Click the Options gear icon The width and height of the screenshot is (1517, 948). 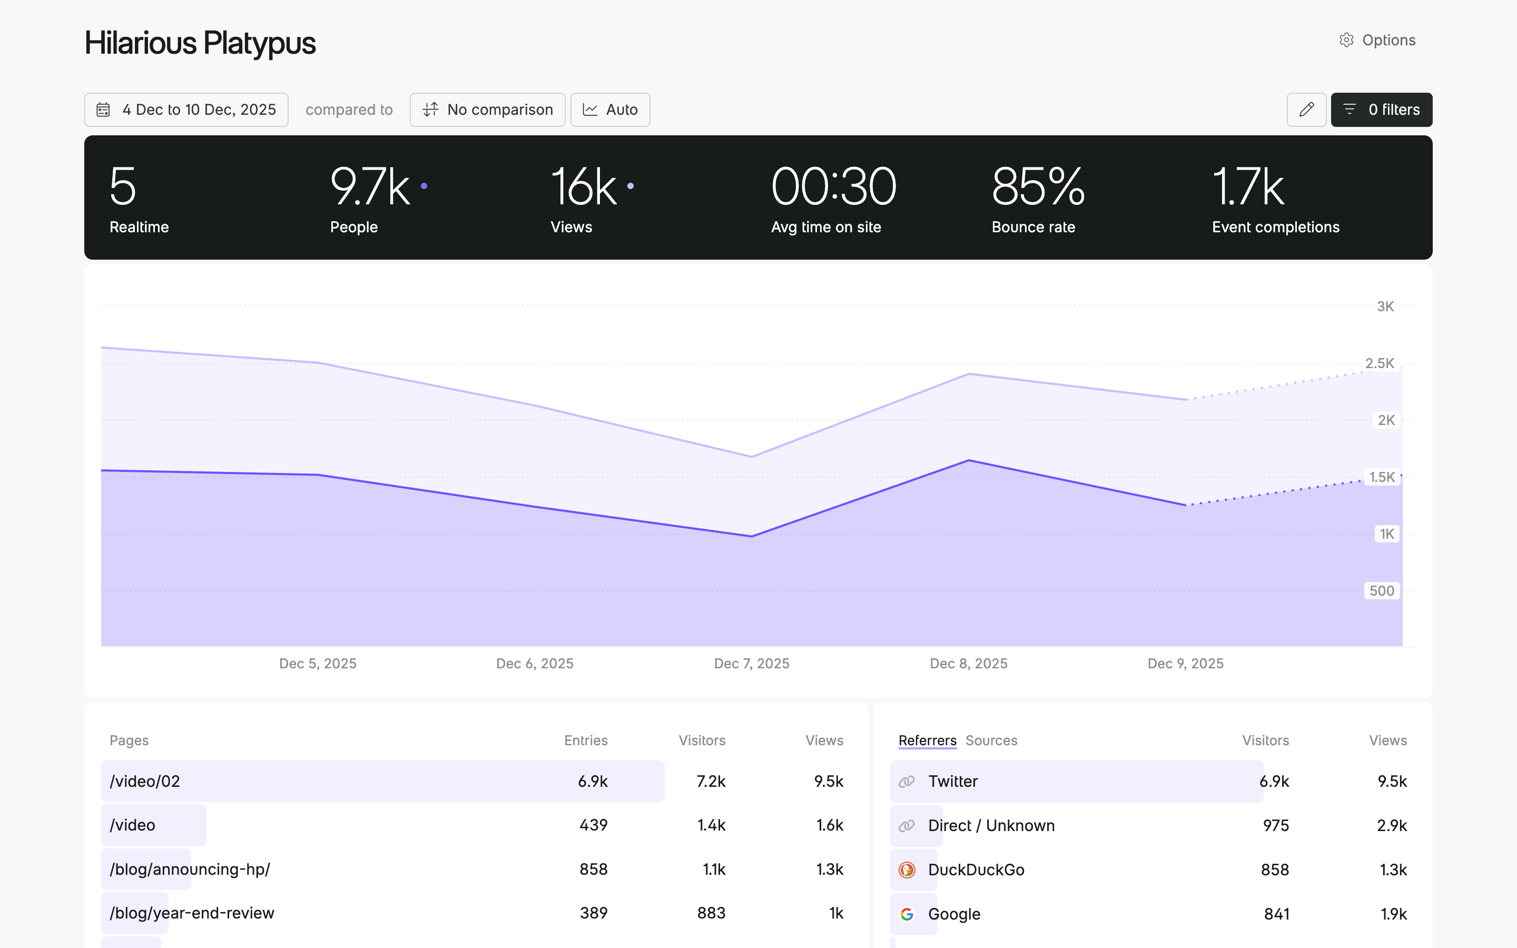pyautogui.click(x=1346, y=40)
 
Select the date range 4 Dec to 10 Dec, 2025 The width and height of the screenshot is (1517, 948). pyautogui.click(x=186, y=110)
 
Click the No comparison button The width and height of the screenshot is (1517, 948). pyautogui.click(x=487, y=110)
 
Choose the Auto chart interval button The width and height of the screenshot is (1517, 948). pyautogui.click(x=610, y=110)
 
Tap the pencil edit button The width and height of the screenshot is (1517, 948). pyautogui.click(x=1306, y=110)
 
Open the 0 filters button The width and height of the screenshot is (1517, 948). pyautogui.click(x=1381, y=110)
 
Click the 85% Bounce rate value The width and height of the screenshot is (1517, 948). pyautogui.click(x=1038, y=187)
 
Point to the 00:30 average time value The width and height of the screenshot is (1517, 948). pyautogui.click(x=833, y=187)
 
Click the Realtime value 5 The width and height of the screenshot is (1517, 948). pyautogui.click(x=122, y=187)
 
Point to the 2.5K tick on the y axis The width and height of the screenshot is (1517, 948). pyautogui.click(x=1379, y=363)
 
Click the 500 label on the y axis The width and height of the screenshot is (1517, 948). pyautogui.click(x=1381, y=590)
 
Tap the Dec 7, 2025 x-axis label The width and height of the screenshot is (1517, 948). pyautogui.click(x=752, y=664)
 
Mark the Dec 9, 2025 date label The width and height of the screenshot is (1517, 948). pyautogui.click(x=1185, y=664)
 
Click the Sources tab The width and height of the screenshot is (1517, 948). pyautogui.click(x=991, y=740)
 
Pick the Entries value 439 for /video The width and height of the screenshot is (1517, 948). pyautogui.click(x=593, y=825)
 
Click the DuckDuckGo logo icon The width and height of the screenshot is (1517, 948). pyautogui.click(x=907, y=870)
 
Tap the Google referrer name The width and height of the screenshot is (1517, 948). pyautogui.click(x=954, y=914)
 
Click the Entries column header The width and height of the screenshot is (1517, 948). pyautogui.click(x=586, y=740)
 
